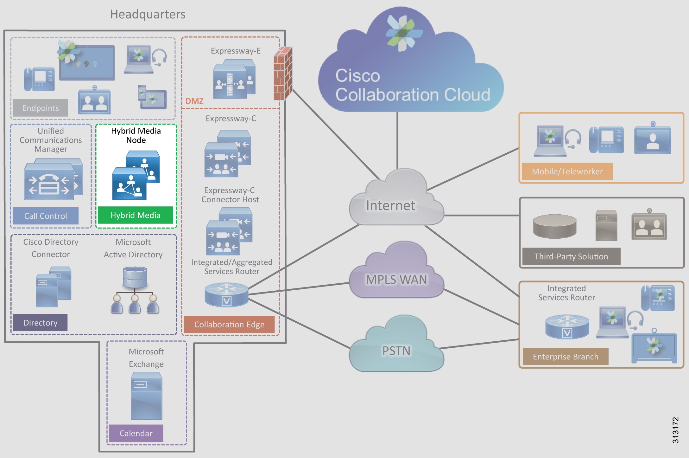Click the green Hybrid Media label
click(x=135, y=215)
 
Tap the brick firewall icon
click(x=282, y=74)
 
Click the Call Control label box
click(x=46, y=216)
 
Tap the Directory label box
click(x=40, y=323)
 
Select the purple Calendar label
click(x=136, y=433)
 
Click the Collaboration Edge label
click(x=229, y=324)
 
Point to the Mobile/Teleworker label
click(x=567, y=171)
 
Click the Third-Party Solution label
click(x=571, y=256)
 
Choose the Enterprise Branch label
click(x=565, y=357)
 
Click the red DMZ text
click(x=194, y=101)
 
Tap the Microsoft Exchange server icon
click(x=146, y=396)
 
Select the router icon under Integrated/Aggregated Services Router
click(x=226, y=295)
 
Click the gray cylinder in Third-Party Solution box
click(x=554, y=226)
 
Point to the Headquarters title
click(x=148, y=14)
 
